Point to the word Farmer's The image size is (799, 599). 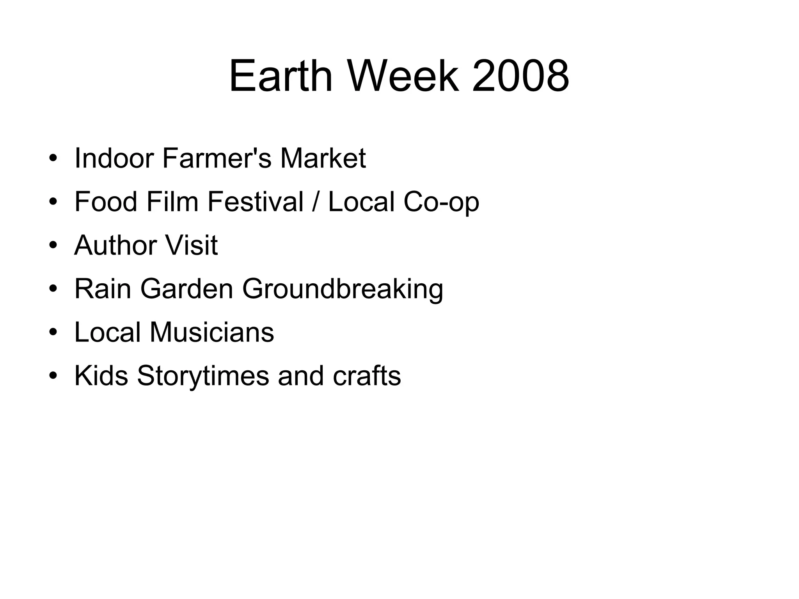pos(217,158)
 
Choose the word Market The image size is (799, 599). pos(323,158)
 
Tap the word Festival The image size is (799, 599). pos(256,202)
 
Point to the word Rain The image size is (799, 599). pos(103,289)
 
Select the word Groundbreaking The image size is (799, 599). pos(343,290)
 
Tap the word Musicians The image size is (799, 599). pos(212,332)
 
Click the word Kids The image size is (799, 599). pos(101,376)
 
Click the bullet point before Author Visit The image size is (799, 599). pos(53,246)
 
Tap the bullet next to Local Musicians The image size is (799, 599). pos(53,333)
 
